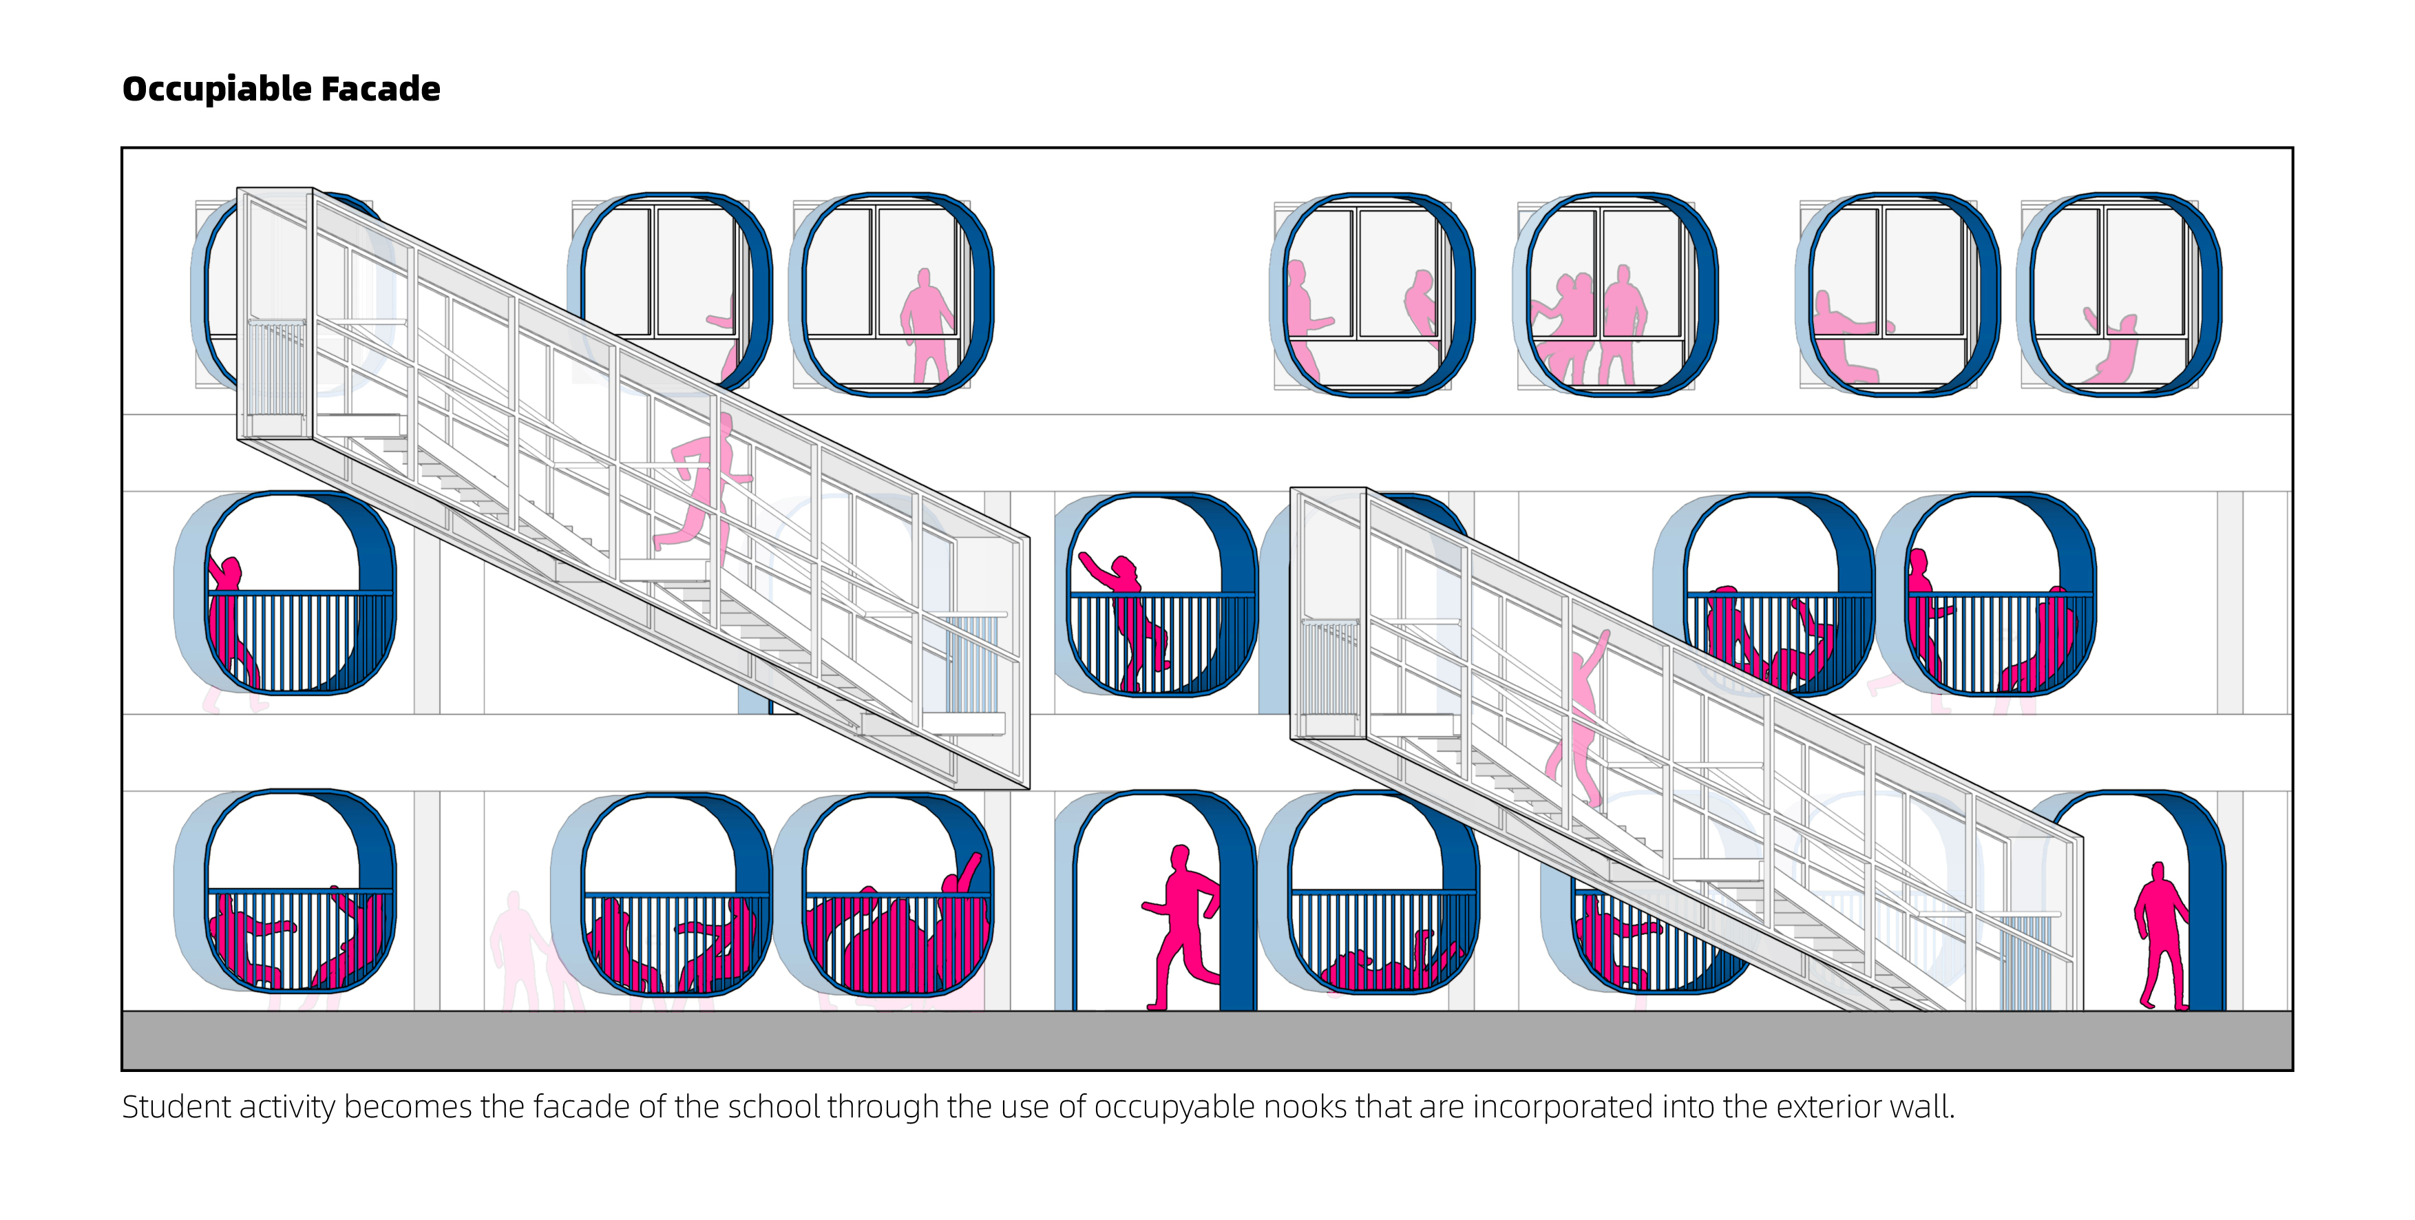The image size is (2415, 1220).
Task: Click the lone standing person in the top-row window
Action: click(926, 324)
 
